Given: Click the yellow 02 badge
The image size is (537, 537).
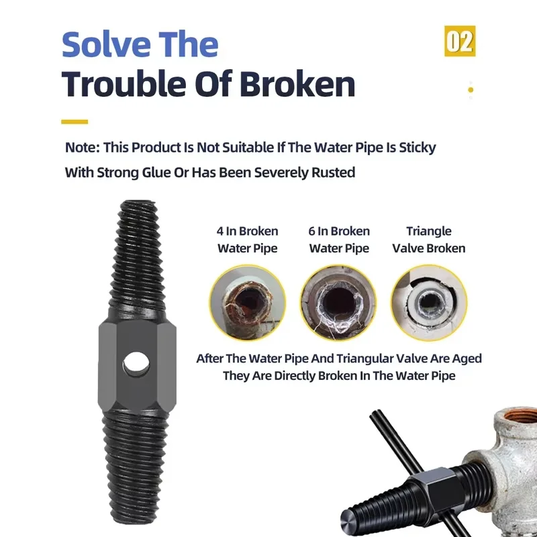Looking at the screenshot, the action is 460,41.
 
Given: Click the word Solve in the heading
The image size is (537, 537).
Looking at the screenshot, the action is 106,44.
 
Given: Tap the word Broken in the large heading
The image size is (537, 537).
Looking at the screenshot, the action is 297,85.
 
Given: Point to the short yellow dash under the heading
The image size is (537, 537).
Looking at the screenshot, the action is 75,121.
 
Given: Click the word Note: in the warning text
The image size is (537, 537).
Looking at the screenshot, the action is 82,148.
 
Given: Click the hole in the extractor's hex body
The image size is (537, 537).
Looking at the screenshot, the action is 136,364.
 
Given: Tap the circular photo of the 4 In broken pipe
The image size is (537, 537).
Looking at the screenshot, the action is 248,303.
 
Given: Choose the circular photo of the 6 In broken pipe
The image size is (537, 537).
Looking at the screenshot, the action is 339,303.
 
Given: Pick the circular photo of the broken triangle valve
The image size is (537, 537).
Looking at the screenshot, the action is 429,303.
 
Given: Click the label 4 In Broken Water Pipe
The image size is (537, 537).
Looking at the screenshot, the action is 247,240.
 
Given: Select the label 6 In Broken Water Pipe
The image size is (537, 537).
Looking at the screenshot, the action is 339,240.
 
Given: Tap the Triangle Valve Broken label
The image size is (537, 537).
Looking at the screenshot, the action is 429,240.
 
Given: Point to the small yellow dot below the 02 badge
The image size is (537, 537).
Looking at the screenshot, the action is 471,90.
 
